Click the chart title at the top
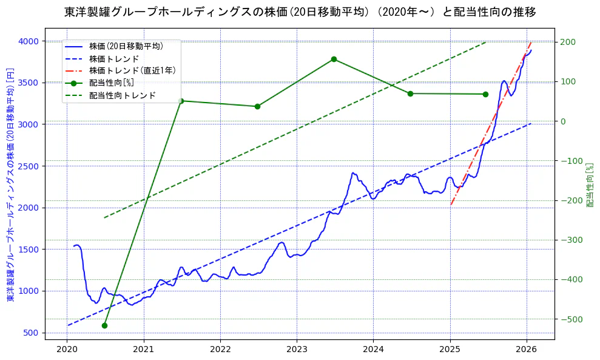[x=300, y=12]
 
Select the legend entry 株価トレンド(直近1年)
[x=132, y=70]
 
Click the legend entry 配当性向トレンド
[x=122, y=95]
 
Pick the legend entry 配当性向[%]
[x=111, y=83]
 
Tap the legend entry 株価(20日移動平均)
[x=126, y=46]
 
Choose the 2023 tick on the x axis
[x=297, y=350]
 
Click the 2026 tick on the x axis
[x=527, y=350]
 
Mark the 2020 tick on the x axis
[x=67, y=350]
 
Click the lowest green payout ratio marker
[x=104, y=325]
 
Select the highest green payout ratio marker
[x=334, y=59]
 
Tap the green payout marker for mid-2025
[x=485, y=94]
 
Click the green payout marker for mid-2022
[x=257, y=106]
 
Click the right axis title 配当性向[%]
[x=588, y=185]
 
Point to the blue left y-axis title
[x=10, y=185]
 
